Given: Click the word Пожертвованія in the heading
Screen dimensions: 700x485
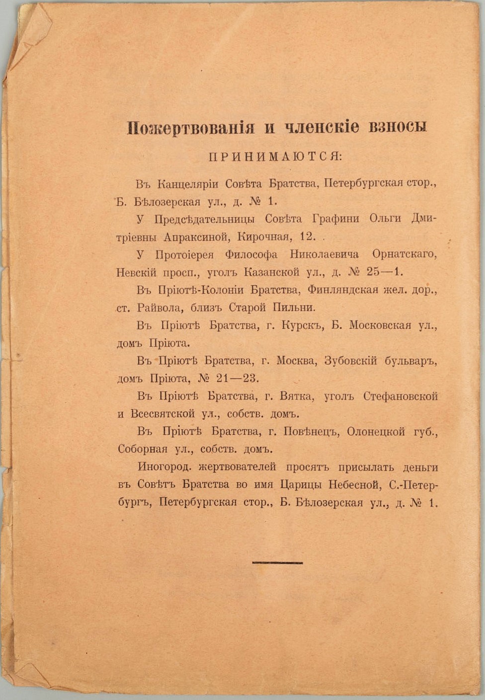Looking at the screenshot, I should click(191, 128).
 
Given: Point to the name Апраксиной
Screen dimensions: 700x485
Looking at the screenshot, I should click(199, 236).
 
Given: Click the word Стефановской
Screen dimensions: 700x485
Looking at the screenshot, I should click(400, 396).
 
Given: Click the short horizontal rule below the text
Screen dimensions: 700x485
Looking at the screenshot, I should click(277, 562).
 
